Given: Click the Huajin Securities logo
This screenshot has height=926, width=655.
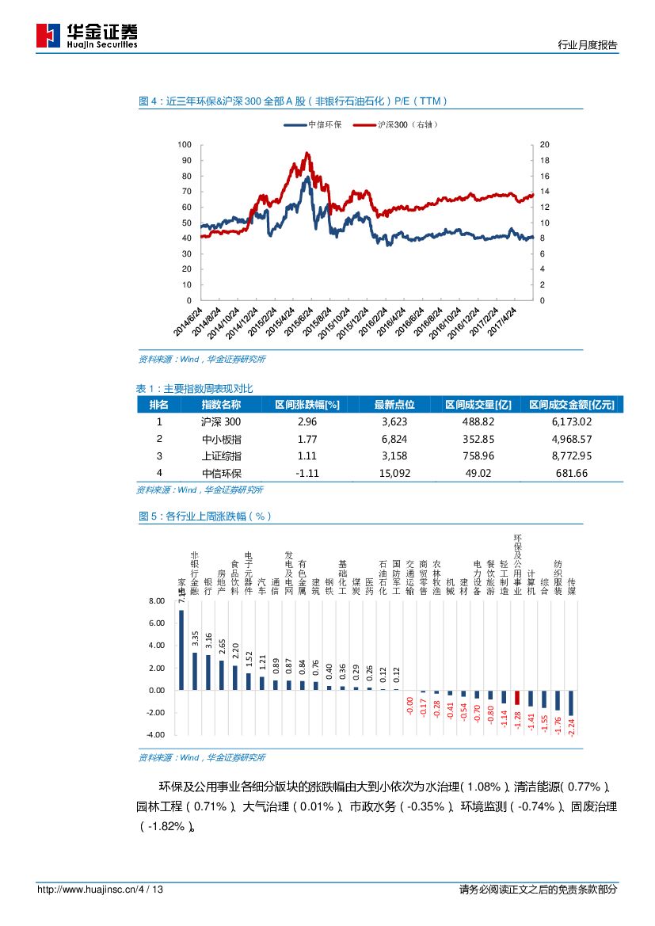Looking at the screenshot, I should [x=86, y=36].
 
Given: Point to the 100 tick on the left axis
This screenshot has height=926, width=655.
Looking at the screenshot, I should [x=185, y=145].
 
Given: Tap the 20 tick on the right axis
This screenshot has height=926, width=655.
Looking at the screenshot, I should [x=543, y=145].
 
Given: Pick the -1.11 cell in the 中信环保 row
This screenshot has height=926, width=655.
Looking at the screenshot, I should [x=307, y=473].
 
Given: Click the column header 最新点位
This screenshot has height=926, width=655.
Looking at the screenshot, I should [x=394, y=405].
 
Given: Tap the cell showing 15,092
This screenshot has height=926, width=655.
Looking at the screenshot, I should [x=394, y=473].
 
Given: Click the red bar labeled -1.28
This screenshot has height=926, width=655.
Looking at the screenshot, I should [x=517, y=697].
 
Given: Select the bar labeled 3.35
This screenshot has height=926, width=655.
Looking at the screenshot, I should [x=195, y=671].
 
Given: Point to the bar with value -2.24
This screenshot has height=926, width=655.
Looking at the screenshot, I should [x=571, y=703].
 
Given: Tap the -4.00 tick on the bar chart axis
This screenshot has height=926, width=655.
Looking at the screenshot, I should [x=155, y=735].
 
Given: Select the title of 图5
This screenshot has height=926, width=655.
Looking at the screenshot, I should [x=204, y=516].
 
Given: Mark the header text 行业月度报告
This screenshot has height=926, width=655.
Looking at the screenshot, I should [x=587, y=46].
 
